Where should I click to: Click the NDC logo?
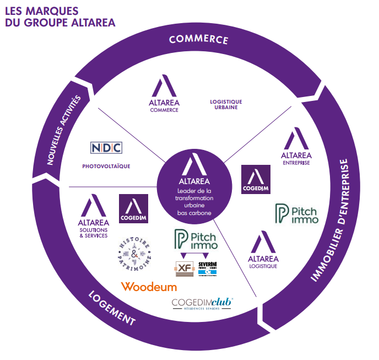tap(106, 148)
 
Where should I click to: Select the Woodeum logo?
tap(149, 287)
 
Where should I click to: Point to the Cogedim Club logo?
tap(202, 304)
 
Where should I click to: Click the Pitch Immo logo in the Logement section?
tap(196, 239)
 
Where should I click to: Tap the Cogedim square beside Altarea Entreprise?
tap(256, 179)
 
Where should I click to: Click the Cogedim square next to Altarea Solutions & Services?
tap(133, 208)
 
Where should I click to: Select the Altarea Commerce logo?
tap(165, 94)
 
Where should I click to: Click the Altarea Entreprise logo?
tap(296, 147)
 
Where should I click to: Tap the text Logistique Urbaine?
tap(226, 104)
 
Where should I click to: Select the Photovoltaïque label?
tap(106, 166)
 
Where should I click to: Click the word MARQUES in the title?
tap(54, 10)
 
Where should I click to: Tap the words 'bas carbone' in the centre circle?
tap(190, 213)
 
